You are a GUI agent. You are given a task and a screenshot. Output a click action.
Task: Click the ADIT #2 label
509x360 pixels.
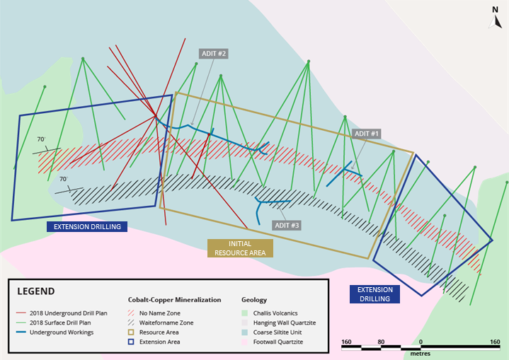[214, 54]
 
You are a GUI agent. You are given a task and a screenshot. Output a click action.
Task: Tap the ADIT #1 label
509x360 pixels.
[367, 134]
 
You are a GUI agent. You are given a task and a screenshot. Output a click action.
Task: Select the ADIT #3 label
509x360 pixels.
[287, 226]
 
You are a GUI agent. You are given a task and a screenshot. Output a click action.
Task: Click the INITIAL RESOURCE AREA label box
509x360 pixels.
[240, 248]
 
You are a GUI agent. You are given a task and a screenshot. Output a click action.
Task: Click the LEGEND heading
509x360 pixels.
[36, 291]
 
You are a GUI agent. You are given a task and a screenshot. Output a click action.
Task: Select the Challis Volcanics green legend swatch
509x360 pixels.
[245, 313]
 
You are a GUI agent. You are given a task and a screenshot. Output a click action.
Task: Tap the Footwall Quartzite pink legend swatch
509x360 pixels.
[245, 342]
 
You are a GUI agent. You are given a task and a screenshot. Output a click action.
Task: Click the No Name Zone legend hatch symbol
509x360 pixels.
[131, 313]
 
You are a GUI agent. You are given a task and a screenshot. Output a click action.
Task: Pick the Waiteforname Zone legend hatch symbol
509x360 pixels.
[131, 323]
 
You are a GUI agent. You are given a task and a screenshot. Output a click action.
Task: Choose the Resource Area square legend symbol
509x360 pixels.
[131, 332]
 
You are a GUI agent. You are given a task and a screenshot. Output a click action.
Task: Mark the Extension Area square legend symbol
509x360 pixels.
[131, 342]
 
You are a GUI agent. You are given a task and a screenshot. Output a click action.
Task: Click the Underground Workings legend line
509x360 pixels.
[21, 332]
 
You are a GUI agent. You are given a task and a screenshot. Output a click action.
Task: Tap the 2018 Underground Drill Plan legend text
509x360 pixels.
[69, 313]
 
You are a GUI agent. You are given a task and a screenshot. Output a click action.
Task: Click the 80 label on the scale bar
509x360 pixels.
[381, 342]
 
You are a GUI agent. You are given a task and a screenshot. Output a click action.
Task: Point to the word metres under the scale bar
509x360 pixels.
[421, 354]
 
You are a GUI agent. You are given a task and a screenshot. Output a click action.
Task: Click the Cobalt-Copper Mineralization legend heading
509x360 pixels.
[175, 300]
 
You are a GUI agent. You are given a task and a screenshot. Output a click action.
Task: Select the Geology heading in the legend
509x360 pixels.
[254, 300]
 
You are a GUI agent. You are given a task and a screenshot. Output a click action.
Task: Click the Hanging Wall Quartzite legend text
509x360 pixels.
[285, 323]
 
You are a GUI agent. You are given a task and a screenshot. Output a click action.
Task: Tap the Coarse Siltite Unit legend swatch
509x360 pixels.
[245, 332]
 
